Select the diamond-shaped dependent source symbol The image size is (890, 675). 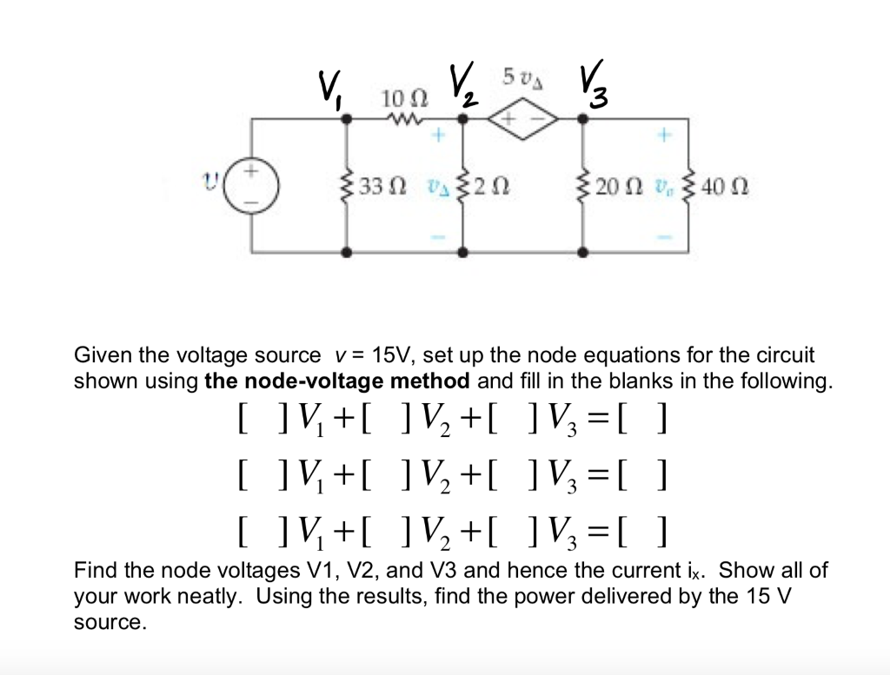point(521,122)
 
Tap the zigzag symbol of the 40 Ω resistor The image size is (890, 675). point(691,187)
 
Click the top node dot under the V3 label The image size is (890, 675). point(583,122)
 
